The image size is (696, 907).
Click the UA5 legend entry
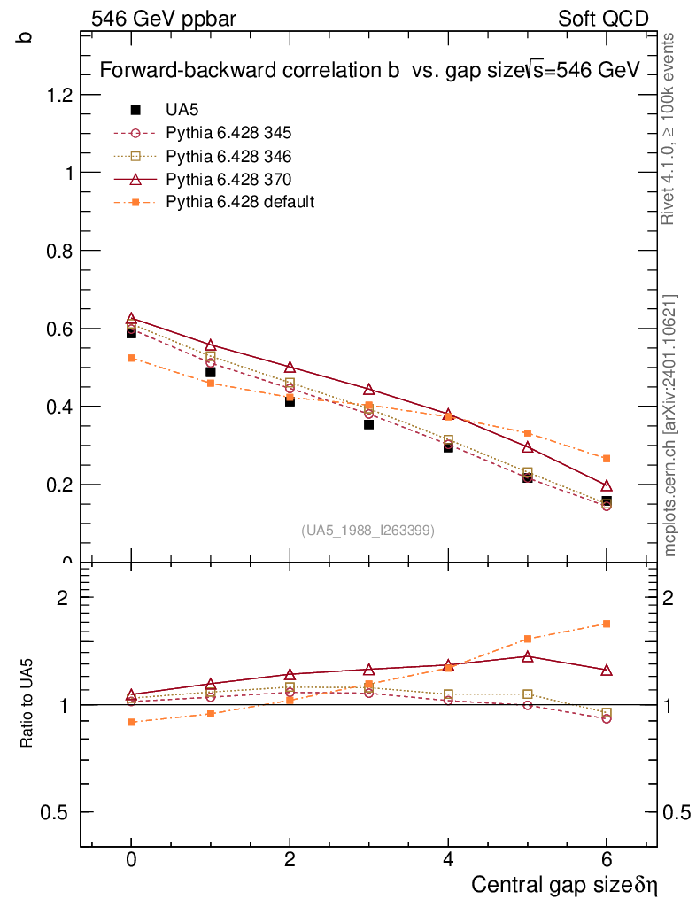(182, 110)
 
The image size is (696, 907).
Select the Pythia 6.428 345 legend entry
(228, 133)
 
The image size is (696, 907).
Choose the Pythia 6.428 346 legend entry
(228, 156)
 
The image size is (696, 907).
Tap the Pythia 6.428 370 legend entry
(228, 179)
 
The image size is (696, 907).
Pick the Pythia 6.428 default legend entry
(240, 202)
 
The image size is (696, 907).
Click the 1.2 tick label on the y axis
(59, 95)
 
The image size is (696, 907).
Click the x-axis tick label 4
(448, 861)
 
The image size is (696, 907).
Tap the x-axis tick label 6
(607, 861)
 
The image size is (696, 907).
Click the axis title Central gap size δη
(564, 885)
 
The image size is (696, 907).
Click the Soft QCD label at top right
(603, 19)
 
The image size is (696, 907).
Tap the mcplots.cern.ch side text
(670, 425)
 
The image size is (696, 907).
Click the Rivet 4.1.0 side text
(670, 129)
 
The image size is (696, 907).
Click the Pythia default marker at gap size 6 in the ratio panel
(607, 624)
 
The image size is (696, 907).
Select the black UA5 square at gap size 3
(368, 424)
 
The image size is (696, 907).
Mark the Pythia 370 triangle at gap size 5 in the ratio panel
(527, 656)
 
